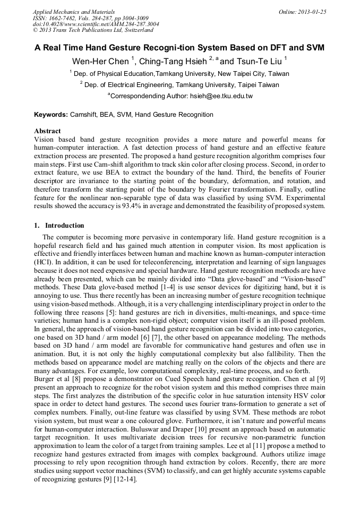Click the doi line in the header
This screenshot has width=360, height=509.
[x=96, y=24]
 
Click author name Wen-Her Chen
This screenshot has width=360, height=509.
[x=100, y=61]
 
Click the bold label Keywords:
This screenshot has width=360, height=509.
[x=51, y=114]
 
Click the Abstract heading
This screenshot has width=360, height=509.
[x=47, y=131]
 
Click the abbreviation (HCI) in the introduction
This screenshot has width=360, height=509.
[x=43, y=262]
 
